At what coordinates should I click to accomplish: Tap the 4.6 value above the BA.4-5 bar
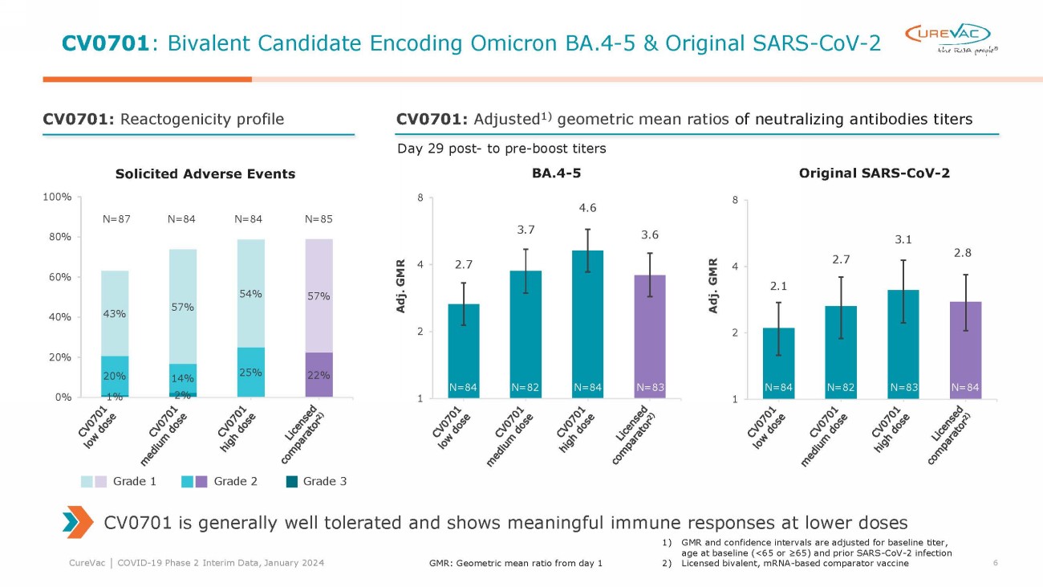pyautogui.click(x=587, y=208)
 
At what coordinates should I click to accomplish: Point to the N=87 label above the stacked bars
pyautogui.click(x=116, y=217)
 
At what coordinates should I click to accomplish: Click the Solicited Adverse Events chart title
pyautogui.click(x=205, y=173)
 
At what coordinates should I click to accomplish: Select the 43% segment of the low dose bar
pyautogui.click(x=115, y=313)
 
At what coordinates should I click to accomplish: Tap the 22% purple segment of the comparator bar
pyautogui.click(x=319, y=374)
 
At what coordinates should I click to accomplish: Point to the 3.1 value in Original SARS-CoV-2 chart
pyautogui.click(x=903, y=238)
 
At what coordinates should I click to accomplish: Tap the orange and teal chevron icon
pyautogui.click(x=77, y=523)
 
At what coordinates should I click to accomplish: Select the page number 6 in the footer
pyautogui.click(x=995, y=563)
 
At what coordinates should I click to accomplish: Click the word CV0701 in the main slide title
pyautogui.click(x=104, y=43)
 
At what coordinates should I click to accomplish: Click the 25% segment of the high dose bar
pyautogui.click(x=251, y=372)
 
